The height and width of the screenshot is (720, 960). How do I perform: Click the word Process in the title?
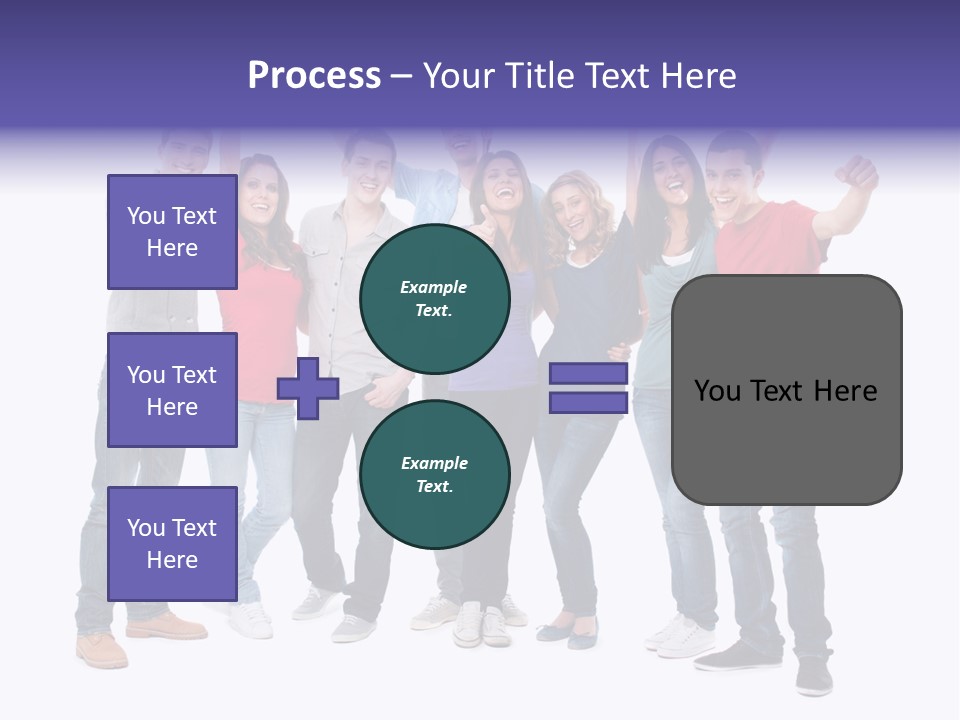point(314,76)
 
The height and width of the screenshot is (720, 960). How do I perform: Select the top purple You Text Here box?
point(172,232)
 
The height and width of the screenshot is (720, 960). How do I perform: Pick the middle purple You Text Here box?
point(172,390)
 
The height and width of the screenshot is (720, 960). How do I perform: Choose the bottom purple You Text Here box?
point(172,544)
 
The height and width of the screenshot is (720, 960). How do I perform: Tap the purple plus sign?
point(308,388)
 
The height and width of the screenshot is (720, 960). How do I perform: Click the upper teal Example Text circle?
point(434,298)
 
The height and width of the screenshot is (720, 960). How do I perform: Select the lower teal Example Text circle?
point(434,474)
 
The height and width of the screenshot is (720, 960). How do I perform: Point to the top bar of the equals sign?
point(588,374)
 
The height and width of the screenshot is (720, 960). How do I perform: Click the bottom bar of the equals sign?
point(588,402)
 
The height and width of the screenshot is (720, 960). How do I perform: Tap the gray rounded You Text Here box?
point(786,390)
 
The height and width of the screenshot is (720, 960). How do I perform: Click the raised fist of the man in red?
point(858,172)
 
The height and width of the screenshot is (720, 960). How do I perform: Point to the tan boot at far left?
point(102,650)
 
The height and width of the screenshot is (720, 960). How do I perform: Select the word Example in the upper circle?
point(434,287)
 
